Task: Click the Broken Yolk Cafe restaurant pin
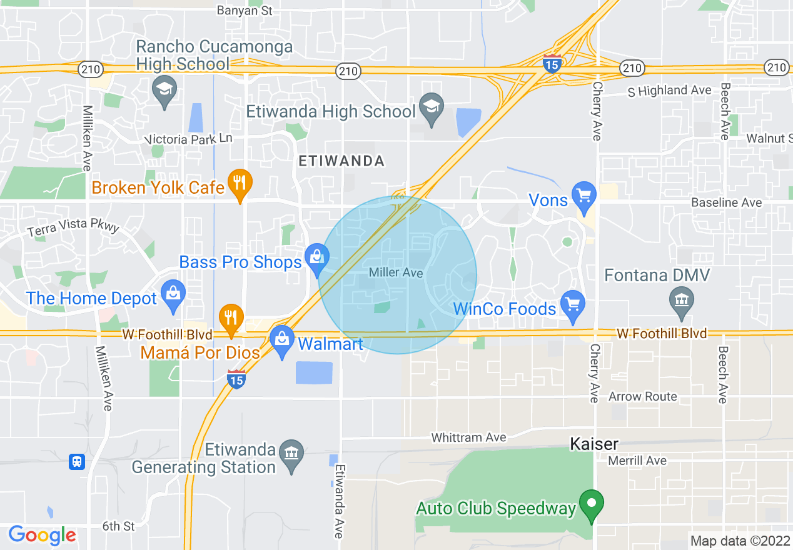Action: [x=240, y=183]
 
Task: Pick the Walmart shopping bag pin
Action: [x=283, y=340]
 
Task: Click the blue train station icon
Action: [x=77, y=462]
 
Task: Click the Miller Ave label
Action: [x=396, y=273]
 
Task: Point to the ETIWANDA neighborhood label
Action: [x=341, y=161]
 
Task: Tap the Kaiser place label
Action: [x=594, y=444]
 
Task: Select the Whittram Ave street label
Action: [x=468, y=437]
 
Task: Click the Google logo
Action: [x=43, y=535]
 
